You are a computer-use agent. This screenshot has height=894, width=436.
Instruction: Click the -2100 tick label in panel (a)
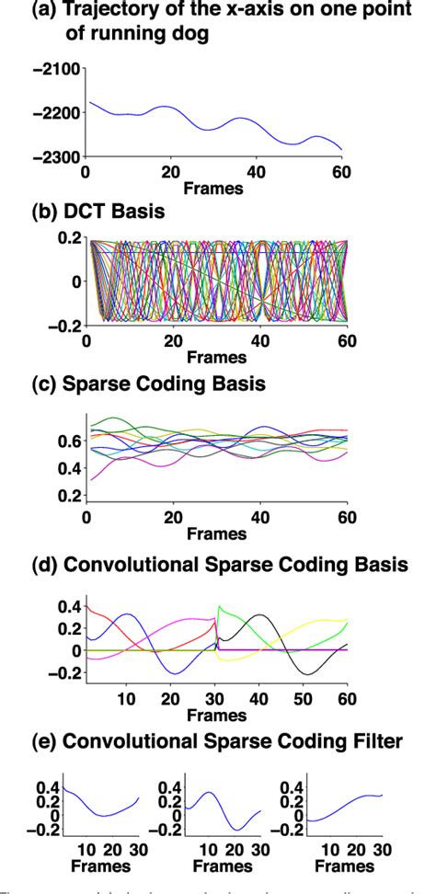56,68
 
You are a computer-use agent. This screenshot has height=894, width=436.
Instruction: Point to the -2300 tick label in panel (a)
56,157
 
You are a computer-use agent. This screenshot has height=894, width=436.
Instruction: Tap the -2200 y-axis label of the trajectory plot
56,112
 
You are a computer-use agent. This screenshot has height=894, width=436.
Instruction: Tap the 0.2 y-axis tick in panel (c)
67,497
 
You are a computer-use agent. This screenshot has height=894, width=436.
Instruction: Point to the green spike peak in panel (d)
219,607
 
